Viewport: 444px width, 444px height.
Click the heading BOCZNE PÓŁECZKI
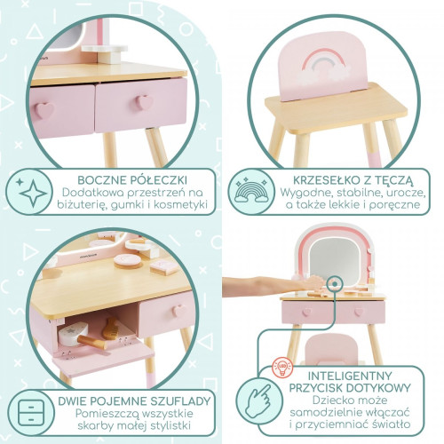tap(132, 180)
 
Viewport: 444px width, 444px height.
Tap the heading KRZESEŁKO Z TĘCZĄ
tap(353, 180)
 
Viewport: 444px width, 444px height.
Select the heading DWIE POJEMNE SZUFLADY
tap(134, 401)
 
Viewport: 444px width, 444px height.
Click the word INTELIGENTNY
tap(350, 376)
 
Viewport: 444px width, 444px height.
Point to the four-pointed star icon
tap(33, 193)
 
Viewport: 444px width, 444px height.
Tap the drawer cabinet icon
tap(31, 413)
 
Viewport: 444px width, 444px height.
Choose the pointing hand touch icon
tap(258, 400)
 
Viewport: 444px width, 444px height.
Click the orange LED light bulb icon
tap(282, 368)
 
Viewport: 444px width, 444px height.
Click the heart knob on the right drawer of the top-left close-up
tap(144, 102)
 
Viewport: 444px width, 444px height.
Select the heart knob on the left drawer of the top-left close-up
tap(44, 110)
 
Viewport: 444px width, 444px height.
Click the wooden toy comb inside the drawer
tap(110, 329)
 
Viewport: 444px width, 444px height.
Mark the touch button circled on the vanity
tap(334, 284)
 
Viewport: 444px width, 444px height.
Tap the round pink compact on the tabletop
tap(128, 261)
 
